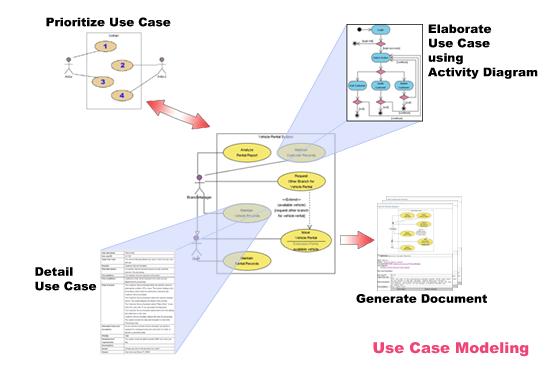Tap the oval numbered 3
point(101,82)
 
